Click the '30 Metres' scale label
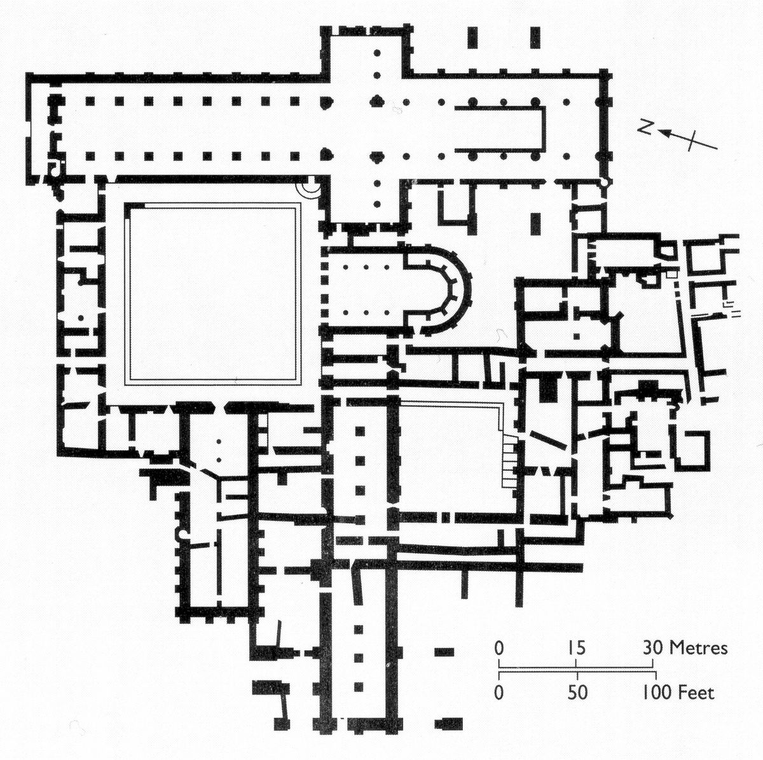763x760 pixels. (x=685, y=648)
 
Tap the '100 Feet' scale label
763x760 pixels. (x=678, y=693)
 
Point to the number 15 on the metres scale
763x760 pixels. (x=576, y=648)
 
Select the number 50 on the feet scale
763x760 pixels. (x=577, y=693)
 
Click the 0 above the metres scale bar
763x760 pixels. (x=499, y=648)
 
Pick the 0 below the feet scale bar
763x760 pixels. (x=499, y=693)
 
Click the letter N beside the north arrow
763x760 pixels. (x=646, y=128)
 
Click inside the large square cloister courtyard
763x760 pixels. (x=213, y=293)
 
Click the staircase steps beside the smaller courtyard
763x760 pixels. (x=509, y=460)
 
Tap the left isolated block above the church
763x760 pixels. (x=472, y=38)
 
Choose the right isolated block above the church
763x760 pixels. (x=535, y=38)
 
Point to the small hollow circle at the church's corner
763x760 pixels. (x=604, y=183)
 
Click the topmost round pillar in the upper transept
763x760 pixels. (x=377, y=53)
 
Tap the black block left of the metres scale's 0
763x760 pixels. (x=444, y=652)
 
